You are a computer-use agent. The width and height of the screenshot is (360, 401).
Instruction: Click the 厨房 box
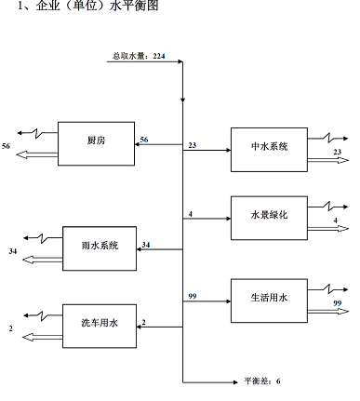(97, 140)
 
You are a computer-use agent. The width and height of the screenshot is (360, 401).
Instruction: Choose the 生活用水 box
(269, 299)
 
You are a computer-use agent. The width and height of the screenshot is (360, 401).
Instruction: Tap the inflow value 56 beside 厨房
(144, 140)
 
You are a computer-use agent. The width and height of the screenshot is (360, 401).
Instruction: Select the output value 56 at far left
(8, 147)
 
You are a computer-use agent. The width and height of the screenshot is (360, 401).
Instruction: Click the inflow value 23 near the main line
(193, 144)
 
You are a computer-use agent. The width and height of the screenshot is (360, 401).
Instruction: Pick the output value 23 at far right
(338, 153)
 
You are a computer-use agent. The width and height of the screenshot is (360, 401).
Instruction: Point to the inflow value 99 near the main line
(193, 295)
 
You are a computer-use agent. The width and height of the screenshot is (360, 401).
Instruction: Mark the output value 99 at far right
(338, 304)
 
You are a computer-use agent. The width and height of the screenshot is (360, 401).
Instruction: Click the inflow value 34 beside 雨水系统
(146, 245)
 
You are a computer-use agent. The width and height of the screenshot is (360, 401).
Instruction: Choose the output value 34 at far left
(11, 251)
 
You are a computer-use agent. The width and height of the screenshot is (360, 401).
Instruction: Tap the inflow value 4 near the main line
(190, 215)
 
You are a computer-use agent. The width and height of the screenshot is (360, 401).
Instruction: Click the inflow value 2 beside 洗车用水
(143, 322)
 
